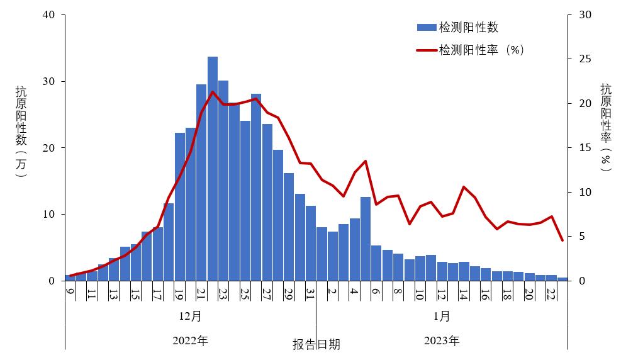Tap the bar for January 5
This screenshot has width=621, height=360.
(366, 239)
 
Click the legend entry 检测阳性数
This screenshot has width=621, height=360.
(457, 27)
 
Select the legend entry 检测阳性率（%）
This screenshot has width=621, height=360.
(470, 50)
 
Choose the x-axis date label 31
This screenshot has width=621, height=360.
(310, 293)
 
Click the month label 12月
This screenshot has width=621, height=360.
(191, 315)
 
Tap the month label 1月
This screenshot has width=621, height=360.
(442, 315)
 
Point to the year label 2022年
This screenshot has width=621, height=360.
(191, 341)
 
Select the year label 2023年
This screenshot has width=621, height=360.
(442, 341)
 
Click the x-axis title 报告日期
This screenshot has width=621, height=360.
(316, 344)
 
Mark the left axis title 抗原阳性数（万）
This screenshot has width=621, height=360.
(21, 132)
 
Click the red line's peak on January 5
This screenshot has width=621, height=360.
(366, 161)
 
